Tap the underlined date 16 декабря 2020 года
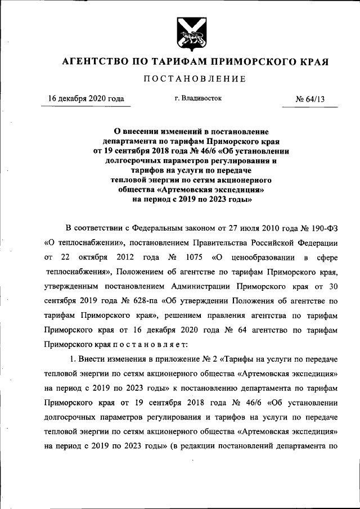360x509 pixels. click(86, 99)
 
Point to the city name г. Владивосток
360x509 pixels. click(198, 98)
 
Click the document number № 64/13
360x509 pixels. click(310, 100)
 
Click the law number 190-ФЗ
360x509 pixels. click(319, 228)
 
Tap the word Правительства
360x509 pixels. click(233, 243)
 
